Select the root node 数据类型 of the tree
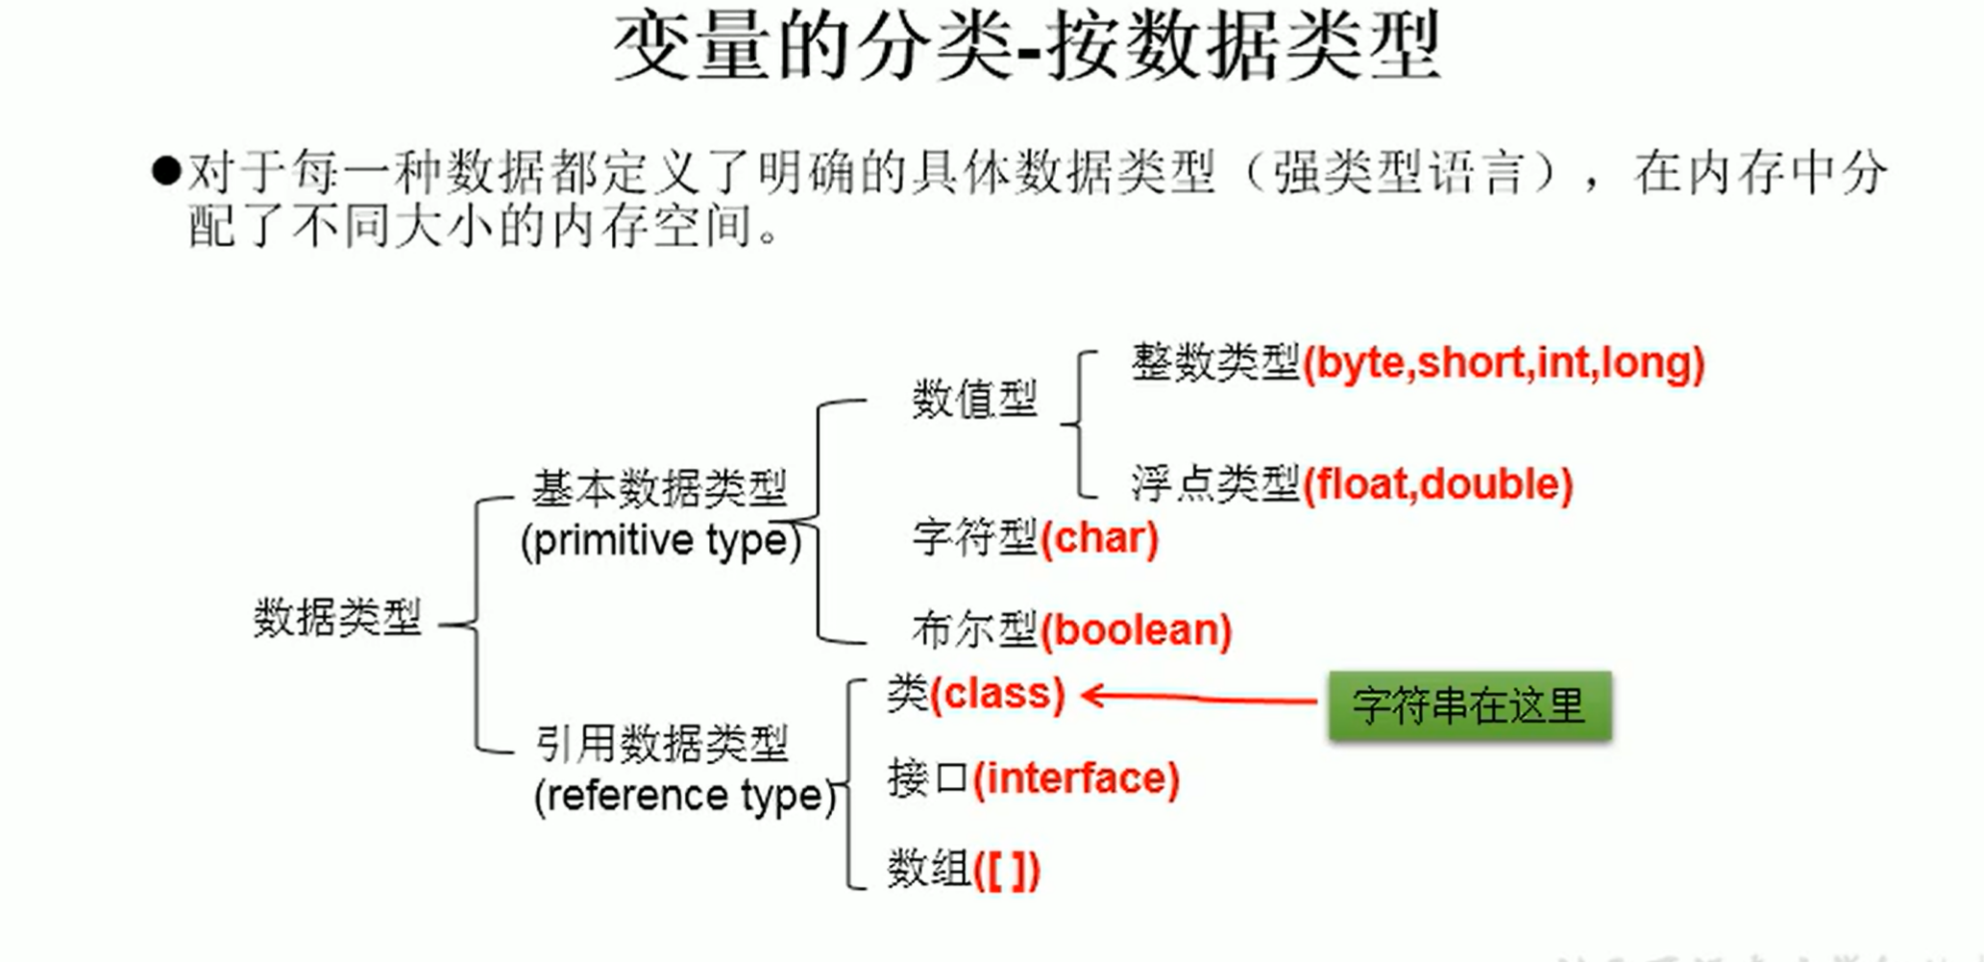337,617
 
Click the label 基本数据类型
659,488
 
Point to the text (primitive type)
660,540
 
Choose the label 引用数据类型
662,744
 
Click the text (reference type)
685,796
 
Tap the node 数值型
974,399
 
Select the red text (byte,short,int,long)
1503,363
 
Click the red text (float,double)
1437,484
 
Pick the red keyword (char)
1099,538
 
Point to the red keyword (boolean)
1135,630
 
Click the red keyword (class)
997,694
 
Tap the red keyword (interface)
1075,777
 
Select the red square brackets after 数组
1006,871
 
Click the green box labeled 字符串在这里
1469,706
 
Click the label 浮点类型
1215,484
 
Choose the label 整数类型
1215,363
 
